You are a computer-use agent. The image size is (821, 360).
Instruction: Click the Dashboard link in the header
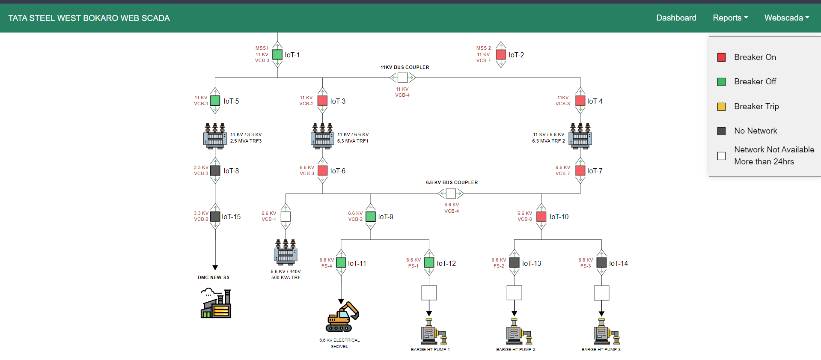(x=676, y=18)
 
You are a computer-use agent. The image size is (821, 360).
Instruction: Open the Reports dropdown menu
(x=730, y=18)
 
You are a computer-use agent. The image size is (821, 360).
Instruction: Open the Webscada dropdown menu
(x=786, y=18)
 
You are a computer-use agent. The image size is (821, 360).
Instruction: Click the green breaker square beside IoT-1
(x=277, y=55)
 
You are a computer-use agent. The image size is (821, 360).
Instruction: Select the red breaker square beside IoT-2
(x=501, y=55)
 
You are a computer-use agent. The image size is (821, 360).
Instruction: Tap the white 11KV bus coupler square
(x=402, y=77)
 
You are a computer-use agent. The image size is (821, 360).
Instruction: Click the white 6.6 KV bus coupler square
(x=451, y=193)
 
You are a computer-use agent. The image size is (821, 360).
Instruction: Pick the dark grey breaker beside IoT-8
(x=215, y=171)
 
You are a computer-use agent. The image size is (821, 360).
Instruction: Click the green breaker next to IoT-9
(x=371, y=217)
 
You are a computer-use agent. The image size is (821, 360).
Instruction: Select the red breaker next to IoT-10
(x=541, y=217)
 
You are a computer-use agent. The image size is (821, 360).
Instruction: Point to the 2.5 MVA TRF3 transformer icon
(x=215, y=136)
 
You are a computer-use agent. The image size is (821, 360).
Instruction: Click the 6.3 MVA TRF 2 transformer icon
(x=580, y=136)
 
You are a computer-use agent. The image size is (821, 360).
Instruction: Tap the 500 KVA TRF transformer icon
(x=286, y=252)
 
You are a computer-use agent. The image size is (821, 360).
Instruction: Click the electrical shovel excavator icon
(x=342, y=317)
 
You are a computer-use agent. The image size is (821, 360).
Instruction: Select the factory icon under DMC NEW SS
(x=216, y=303)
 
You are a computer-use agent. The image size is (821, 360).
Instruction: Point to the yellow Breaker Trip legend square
(x=721, y=107)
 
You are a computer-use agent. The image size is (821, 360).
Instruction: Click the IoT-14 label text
(x=618, y=263)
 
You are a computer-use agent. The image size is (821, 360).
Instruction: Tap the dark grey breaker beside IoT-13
(x=515, y=262)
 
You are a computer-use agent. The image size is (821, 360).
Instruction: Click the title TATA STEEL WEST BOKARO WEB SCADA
(x=89, y=18)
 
